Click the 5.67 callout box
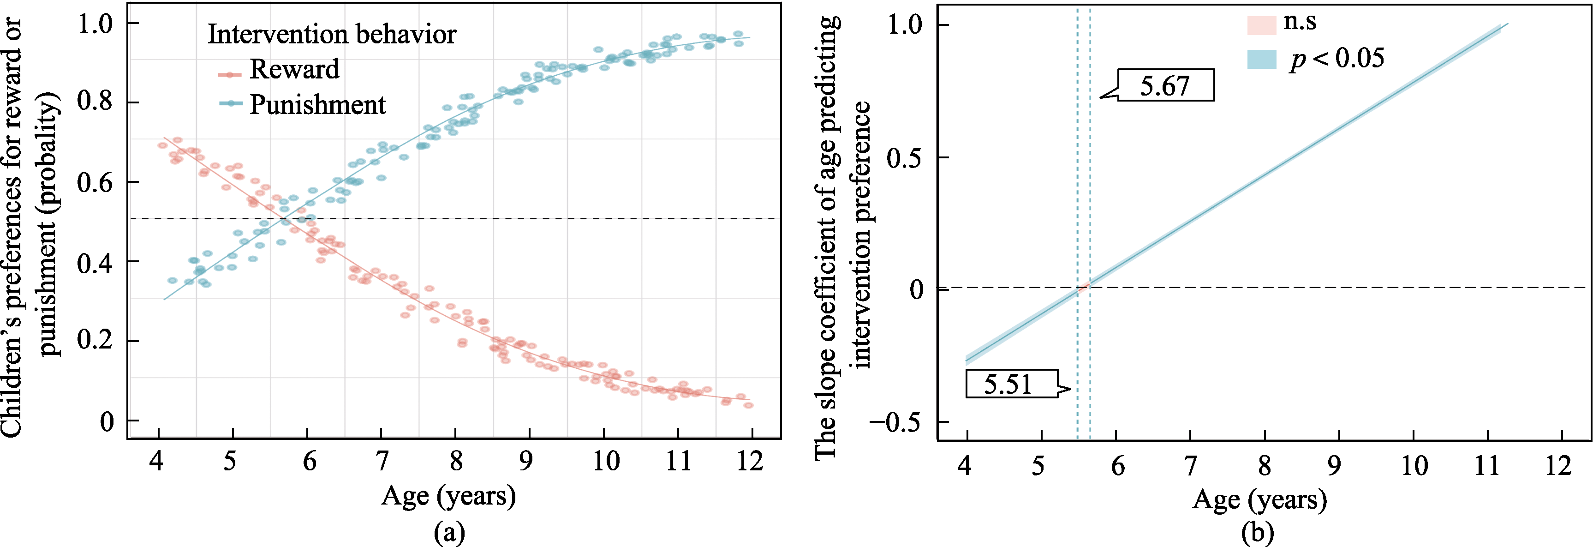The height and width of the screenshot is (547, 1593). [x=1165, y=85]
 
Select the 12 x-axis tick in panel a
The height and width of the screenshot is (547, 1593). [x=750, y=462]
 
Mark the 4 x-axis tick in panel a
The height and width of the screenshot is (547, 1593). [x=156, y=462]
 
